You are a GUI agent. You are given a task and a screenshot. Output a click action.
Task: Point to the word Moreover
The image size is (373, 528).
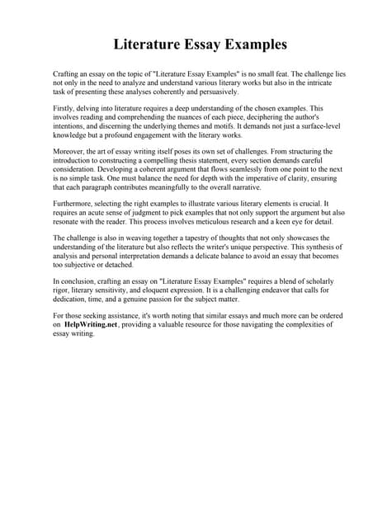point(68,152)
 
